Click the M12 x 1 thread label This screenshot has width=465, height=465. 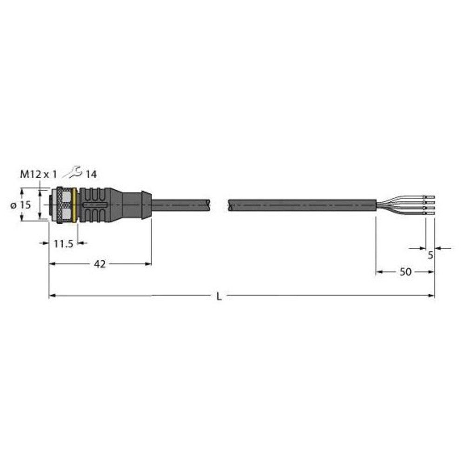click(x=38, y=174)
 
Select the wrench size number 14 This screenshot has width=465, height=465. click(x=91, y=174)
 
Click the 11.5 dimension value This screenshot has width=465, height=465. click(x=63, y=244)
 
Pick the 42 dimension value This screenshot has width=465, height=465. click(x=100, y=264)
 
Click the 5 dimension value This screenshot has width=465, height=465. click(x=430, y=254)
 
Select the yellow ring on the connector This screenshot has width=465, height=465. click(x=76, y=204)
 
